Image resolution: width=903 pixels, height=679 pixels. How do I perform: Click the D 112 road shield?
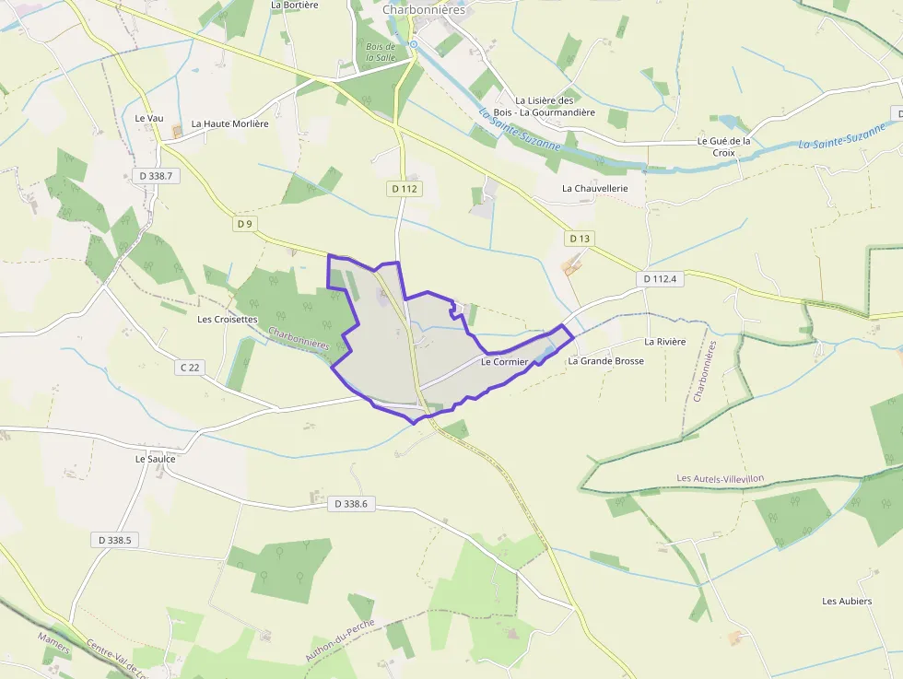click(405, 189)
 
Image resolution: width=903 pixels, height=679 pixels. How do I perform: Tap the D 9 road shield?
click(244, 224)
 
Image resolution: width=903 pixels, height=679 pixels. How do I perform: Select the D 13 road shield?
click(580, 239)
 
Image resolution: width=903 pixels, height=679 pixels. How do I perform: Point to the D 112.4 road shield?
click(660, 278)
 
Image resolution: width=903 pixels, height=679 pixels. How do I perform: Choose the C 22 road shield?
click(190, 368)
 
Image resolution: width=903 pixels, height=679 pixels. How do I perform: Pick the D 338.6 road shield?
click(351, 504)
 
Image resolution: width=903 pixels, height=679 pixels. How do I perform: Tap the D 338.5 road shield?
click(115, 540)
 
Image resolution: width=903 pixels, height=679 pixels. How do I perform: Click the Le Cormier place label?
click(505, 362)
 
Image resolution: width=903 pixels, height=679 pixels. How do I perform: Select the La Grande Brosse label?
click(605, 361)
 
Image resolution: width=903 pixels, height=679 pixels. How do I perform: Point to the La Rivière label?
click(665, 342)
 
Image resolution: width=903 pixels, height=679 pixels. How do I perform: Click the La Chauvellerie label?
click(595, 188)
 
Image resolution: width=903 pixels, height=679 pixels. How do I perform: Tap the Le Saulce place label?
click(155, 458)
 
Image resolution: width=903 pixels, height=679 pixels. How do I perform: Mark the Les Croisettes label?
click(228, 320)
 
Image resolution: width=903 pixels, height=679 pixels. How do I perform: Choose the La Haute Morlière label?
click(230, 123)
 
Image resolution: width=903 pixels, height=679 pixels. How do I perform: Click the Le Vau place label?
click(148, 118)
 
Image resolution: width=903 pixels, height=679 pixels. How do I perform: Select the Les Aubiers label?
click(847, 602)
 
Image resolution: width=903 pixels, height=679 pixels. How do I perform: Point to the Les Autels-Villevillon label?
click(721, 478)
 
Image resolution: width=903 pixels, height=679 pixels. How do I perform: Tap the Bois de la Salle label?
click(381, 52)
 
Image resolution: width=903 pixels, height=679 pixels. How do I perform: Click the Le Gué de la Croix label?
click(724, 146)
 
